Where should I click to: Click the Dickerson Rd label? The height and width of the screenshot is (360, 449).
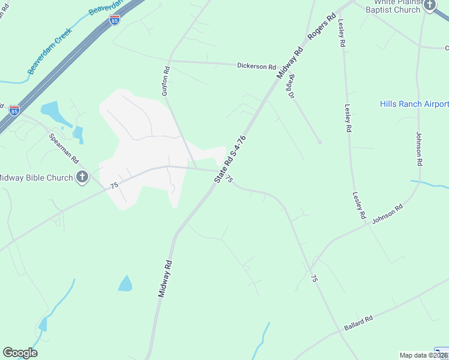point(256,66)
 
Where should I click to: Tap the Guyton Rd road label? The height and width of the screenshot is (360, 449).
point(165,82)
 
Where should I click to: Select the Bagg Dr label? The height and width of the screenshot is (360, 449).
point(292,86)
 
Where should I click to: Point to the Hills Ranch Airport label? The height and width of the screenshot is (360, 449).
point(414,104)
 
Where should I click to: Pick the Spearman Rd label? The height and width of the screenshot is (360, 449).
point(64,149)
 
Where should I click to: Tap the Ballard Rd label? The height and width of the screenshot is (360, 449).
point(359,322)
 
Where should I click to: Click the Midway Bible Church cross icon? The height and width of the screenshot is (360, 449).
point(82,177)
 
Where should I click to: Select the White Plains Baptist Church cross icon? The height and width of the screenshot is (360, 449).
point(430,5)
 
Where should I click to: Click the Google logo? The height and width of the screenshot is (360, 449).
point(20,353)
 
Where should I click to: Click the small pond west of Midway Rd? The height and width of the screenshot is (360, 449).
point(125,283)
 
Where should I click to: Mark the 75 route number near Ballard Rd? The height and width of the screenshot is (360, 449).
point(313,278)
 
